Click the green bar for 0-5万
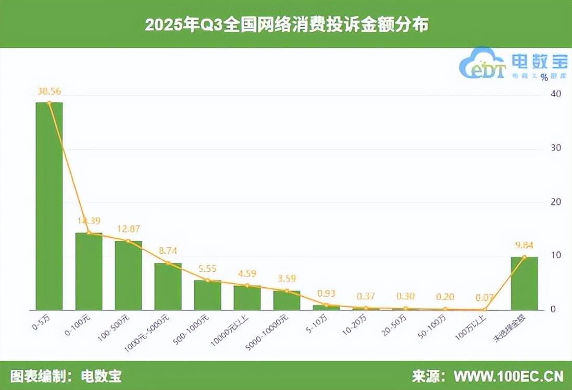click(x=49, y=206)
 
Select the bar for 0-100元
click(x=89, y=271)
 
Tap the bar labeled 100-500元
click(x=128, y=275)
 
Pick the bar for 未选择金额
click(x=524, y=283)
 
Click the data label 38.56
click(x=49, y=91)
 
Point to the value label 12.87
click(x=128, y=229)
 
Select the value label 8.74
click(x=168, y=251)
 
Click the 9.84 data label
click(x=524, y=245)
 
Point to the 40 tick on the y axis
click(x=556, y=94)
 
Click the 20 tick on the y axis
click(x=556, y=202)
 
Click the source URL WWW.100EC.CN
click(x=508, y=376)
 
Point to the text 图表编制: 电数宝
click(x=66, y=376)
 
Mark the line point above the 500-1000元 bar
click(x=207, y=281)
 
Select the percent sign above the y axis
click(x=544, y=77)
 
